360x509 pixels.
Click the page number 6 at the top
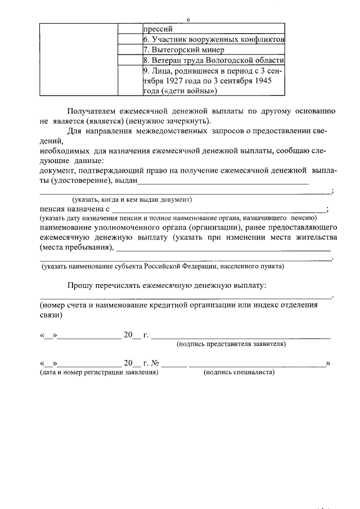point(189,19)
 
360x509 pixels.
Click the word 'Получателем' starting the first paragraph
point(91,111)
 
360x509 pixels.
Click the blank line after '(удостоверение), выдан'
point(223,181)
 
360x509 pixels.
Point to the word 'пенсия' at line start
point(53,209)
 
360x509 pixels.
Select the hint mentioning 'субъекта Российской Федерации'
point(163,266)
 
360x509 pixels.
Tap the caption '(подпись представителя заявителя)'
point(231,343)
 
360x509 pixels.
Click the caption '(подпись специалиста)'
point(238,372)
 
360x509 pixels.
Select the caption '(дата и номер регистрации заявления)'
point(98,372)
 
